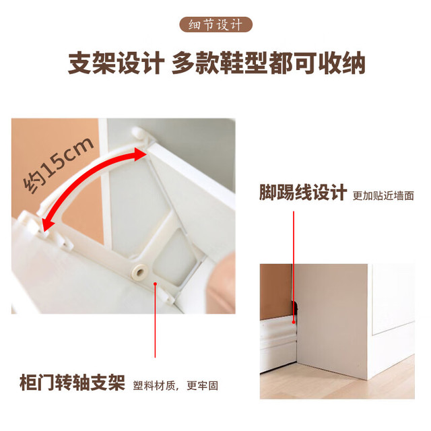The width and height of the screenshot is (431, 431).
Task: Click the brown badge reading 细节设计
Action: [215, 24]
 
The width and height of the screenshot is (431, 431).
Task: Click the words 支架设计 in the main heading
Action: [116, 63]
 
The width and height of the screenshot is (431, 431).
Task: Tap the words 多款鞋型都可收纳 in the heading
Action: [269, 63]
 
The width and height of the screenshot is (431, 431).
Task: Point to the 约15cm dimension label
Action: [58, 164]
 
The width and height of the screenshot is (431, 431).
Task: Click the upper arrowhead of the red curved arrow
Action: [140, 154]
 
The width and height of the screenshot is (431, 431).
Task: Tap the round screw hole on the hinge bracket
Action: [139, 272]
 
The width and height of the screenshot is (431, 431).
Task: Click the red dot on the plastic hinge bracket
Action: [156, 284]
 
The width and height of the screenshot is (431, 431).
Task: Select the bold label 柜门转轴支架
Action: [72, 383]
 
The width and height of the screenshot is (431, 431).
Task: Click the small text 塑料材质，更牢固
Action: [175, 386]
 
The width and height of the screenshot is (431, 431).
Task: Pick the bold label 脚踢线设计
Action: [303, 192]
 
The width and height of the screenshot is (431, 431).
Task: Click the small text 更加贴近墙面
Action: [383, 196]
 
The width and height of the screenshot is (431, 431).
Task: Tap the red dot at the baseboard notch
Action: [294, 322]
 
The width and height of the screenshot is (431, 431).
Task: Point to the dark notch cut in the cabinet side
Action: [295, 309]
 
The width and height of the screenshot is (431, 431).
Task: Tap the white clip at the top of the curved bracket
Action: [141, 134]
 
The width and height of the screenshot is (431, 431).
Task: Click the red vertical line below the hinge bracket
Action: [156, 321]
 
